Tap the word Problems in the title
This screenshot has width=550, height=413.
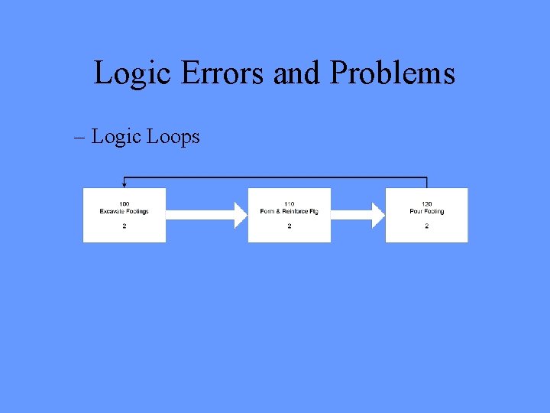click(x=393, y=74)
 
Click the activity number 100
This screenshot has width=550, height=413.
click(x=124, y=203)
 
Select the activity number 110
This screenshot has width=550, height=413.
click(x=289, y=203)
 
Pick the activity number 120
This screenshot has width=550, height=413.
click(x=426, y=203)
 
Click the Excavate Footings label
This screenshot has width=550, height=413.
click(x=124, y=211)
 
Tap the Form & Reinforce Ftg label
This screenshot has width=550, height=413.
click(x=289, y=211)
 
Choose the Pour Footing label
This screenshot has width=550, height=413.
click(x=426, y=211)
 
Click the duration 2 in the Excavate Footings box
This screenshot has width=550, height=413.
click(x=124, y=226)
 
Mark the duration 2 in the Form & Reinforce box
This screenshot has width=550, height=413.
click(x=289, y=226)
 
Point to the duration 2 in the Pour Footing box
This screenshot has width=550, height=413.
click(x=426, y=226)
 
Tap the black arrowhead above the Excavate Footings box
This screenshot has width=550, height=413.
click(x=124, y=184)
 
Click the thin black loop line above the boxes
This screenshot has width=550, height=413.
click(x=275, y=177)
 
